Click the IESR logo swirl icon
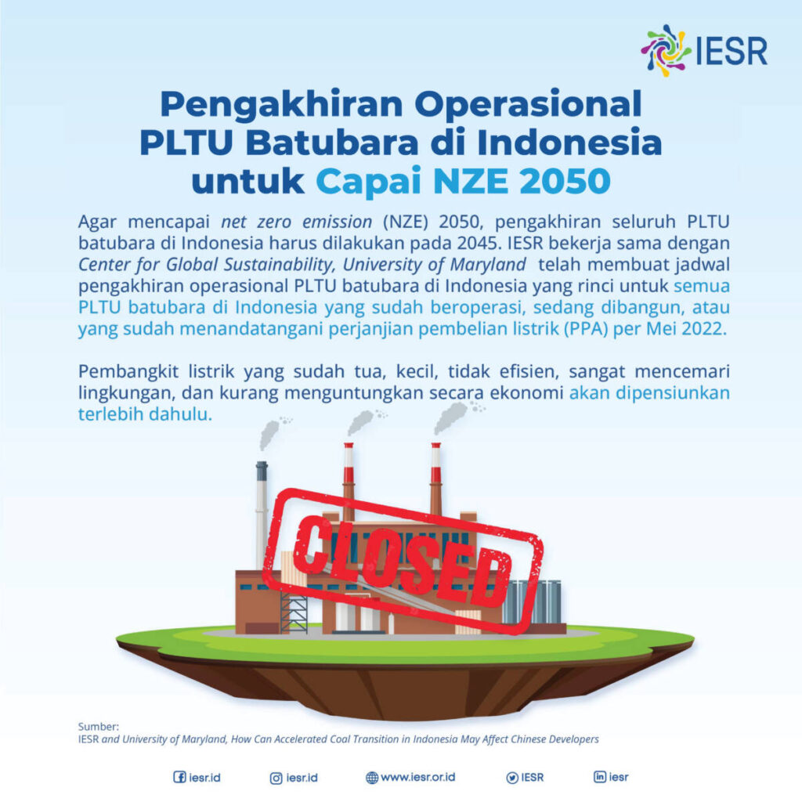[x=665, y=50]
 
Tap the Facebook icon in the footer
[x=179, y=778]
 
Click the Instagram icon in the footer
[x=276, y=778]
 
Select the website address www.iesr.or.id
[x=417, y=778]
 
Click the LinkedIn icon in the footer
[x=601, y=778]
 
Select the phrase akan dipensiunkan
[x=649, y=392]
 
